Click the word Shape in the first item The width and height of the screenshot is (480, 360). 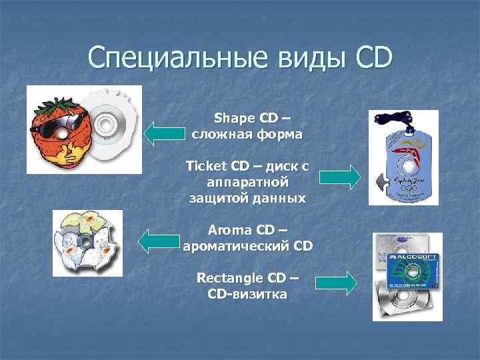click(234, 119)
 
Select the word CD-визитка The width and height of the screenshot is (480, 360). click(247, 293)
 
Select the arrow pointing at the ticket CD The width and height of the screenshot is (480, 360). click(339, 177)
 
